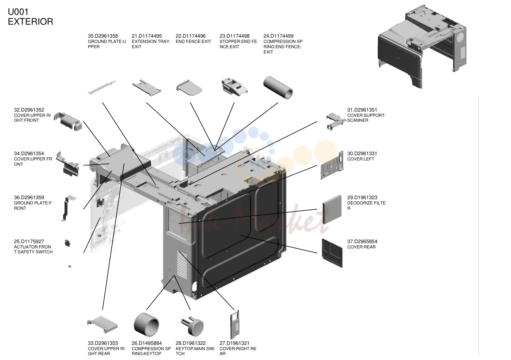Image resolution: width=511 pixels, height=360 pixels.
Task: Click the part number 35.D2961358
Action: click(103, 36)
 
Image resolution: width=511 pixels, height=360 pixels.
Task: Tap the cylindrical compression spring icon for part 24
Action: click(278, 88)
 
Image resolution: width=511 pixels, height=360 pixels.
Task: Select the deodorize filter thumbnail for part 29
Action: click(332, 209)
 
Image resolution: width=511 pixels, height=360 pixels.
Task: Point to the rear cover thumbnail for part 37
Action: click(332, 253)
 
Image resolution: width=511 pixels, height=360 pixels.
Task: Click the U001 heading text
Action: click(18, 12)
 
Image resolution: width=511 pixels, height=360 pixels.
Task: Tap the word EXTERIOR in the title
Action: click(31, 22)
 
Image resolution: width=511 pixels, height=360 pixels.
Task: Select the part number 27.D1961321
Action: click(235, 343)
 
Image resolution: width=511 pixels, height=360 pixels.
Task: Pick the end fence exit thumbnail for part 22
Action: click(189, 88)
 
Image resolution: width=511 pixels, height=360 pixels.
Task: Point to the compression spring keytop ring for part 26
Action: click(147, 325)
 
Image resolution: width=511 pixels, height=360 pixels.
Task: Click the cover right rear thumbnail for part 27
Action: click(235, 324)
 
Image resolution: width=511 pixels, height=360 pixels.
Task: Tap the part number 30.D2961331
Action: click(362, 154)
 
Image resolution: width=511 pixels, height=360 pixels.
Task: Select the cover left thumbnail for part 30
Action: click(332, 165)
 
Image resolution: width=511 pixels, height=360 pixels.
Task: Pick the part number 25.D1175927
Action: click(29, 241)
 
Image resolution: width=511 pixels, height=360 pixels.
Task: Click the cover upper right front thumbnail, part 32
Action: click(68, 121)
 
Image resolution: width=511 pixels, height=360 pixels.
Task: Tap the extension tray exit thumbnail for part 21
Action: click(147, 88)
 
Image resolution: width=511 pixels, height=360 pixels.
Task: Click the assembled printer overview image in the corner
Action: click(422, 46)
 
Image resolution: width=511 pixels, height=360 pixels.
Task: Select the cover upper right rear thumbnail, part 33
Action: click(102, 325)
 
